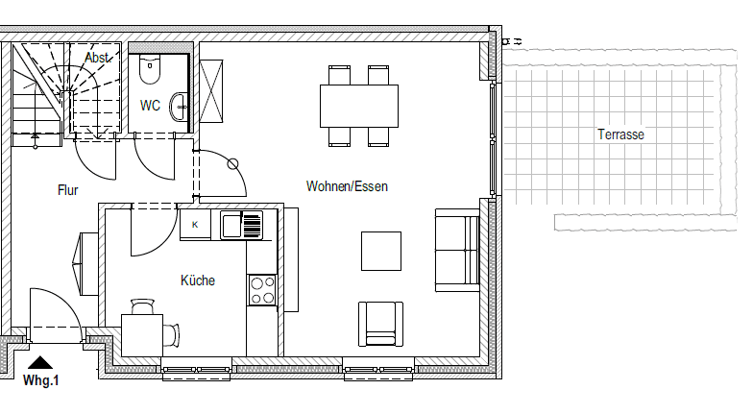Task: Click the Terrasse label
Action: pyautogui.click(x=620, y=134)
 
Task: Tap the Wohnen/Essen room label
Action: pyautogui.click(x=347, y=186)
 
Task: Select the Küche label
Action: pyautogui.click(x=198, y=280)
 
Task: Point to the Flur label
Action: pyautogui.click(x=67, y=190)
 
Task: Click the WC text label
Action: pyautogui.click(x=150, y=106)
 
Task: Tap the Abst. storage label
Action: pyautogui.click(x=98, y=58)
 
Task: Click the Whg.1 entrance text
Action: pyautogui.click(x=40, y=380)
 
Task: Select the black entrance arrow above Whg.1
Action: pyautogui.click(x=40, y=363)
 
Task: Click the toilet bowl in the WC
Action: pyautogui.click(x=150, y=69)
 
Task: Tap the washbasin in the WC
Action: pyautogui.click(x=179, y=107)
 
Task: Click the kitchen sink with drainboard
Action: pyautogui.click(x=242, y=225)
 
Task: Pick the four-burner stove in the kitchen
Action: pyautogui.click(x=262, y=290)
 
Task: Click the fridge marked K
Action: pyautogui.click(x=195, y=225)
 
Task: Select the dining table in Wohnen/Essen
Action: pyautogui.click(x=359, y=106)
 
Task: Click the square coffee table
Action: pyautogui.click(x=381, y=252)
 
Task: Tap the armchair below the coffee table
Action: pyautogui.click(x=380, y=324)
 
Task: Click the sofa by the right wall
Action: pyautogui.click(x=457, y=250)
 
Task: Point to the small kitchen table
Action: pyautogui.click(x=142, y=335)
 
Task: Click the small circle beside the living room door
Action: pyautogui.click(x=232, y=164)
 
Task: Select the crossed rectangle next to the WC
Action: pyautogui.click(x=211, y=91)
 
